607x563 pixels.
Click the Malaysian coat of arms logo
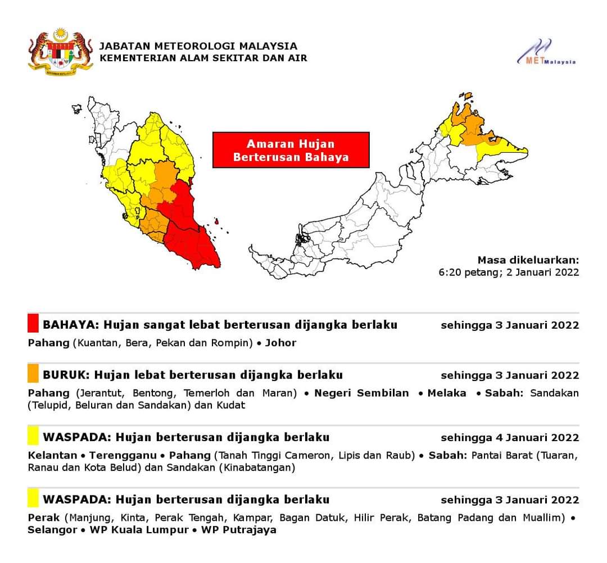[60, 52]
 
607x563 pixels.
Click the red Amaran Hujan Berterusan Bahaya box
[291, 150]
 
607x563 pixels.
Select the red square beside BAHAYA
[33, 324]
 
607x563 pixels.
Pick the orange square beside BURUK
[33, 374]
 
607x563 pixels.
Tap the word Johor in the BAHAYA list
[280, 342]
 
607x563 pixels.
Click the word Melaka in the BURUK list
[447, 393]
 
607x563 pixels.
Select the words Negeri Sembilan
[361, 393]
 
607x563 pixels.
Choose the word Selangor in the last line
[52, 530]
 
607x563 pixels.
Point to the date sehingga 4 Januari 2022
[510, 437]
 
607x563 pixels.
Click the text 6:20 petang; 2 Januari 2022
[509, 273]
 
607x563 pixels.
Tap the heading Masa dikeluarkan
[528, 260]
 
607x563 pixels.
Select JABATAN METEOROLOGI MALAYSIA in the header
[198, 46]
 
